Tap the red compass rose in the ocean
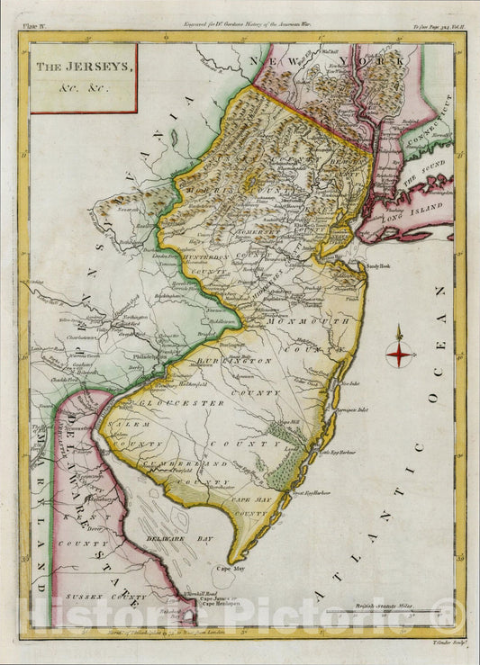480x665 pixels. coord(399,355)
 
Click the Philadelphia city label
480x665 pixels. coord(146,355)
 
